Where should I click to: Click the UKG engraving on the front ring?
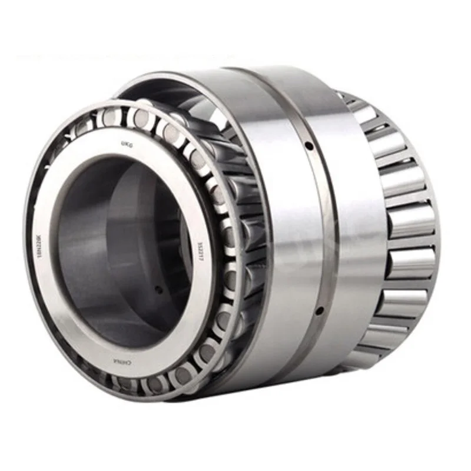click(125, 143)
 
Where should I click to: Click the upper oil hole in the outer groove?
click(308, 144)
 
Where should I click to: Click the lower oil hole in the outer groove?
click(318, 310)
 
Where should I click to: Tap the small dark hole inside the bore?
click(158, 289)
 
